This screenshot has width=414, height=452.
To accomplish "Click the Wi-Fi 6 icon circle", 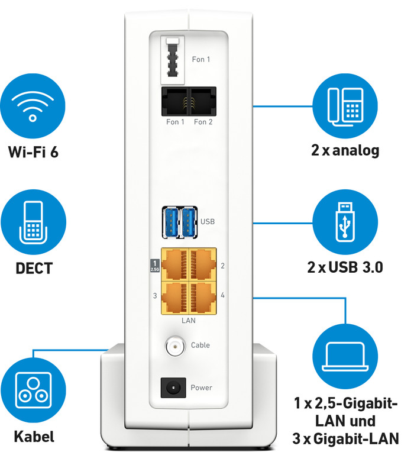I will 33,107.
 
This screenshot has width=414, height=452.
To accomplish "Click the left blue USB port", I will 172,220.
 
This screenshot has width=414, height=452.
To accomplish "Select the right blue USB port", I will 189,220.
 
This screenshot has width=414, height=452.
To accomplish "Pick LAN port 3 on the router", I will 175,296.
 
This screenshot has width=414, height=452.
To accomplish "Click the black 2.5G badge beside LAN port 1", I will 154,266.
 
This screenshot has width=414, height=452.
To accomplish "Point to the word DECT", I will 33,268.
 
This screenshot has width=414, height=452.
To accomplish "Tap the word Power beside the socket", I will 201,388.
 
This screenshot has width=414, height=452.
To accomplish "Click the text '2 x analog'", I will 345,150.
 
